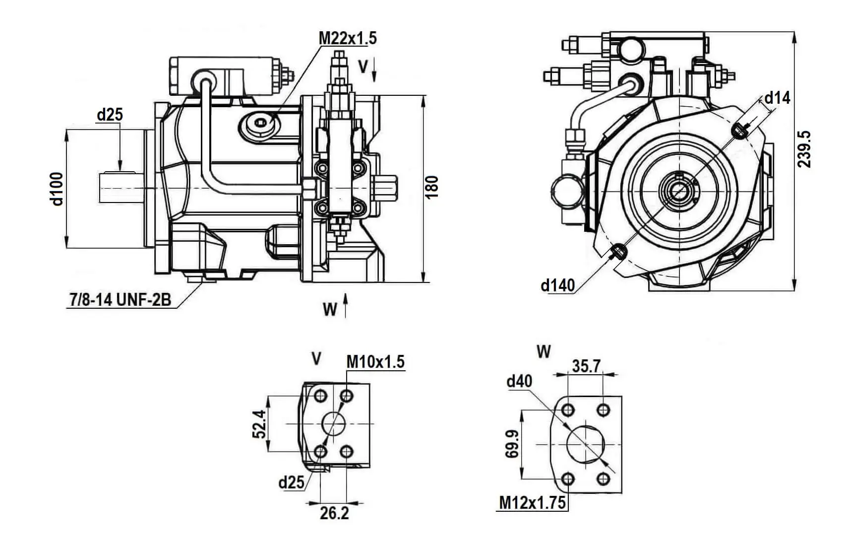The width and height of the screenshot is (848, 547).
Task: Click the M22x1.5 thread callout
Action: pos(347,38)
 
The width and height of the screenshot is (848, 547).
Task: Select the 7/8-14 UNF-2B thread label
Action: pos(120,299)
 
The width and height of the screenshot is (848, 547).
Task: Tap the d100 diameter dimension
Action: pos(58,189)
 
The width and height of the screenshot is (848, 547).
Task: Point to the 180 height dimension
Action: pos(432,187)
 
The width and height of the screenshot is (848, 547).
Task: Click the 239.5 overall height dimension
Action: pos(804,149)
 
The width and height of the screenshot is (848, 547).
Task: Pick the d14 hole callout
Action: pos(777,98)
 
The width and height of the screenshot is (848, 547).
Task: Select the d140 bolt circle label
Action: pos(557,285)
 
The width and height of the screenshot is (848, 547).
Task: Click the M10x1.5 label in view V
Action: pos(375,362)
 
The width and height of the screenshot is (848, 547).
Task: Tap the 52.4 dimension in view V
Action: pos(259,424)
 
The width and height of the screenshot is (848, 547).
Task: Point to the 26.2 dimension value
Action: pos(334,513)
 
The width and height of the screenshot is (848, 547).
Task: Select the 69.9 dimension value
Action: pos(513,444)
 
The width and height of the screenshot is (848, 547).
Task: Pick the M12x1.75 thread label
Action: pos(532,502)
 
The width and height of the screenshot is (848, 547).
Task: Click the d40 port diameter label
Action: pos(519,381)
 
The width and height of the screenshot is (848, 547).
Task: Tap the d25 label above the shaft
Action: pos(110,115)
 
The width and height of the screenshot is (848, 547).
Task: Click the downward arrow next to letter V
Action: pos(374,69)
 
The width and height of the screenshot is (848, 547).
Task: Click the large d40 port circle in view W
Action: pos(587,443)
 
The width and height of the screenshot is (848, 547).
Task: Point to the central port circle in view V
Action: pos(334,423)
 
